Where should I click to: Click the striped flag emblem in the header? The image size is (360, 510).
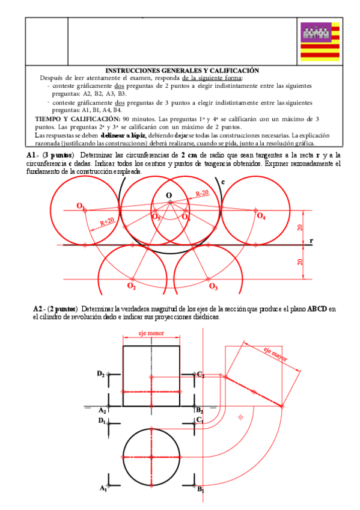[x=320, y=41]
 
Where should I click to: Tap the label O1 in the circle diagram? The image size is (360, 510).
[x=81, y=206]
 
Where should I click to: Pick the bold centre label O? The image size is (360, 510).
[x=169, y=195]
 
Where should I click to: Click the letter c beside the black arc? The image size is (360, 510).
[x=222, y=181]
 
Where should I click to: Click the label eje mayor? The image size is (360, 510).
[x=275, y=355]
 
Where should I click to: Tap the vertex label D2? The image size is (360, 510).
[x=100, y=373]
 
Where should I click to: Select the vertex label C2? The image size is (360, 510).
[x=201, y=374]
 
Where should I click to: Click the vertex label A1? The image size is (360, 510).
[x=103, y=488]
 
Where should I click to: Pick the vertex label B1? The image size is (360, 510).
[x=201, y=489]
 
